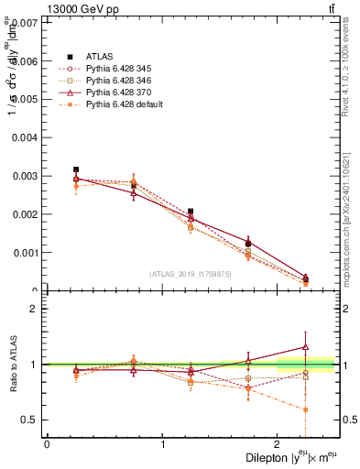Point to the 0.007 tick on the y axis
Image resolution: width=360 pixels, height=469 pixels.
26,22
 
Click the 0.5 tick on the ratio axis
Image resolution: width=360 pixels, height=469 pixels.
30,420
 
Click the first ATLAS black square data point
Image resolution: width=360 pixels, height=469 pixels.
76,169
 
